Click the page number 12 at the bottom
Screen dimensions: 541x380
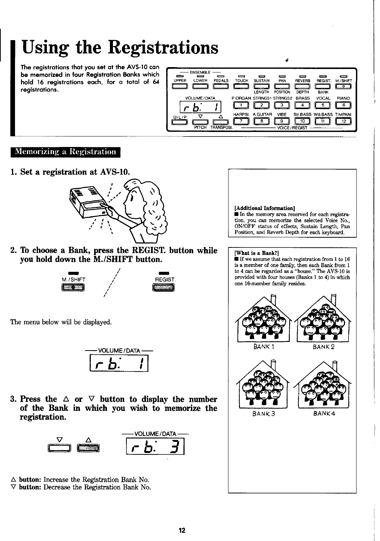182,530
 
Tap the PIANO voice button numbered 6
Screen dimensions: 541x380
344,105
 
